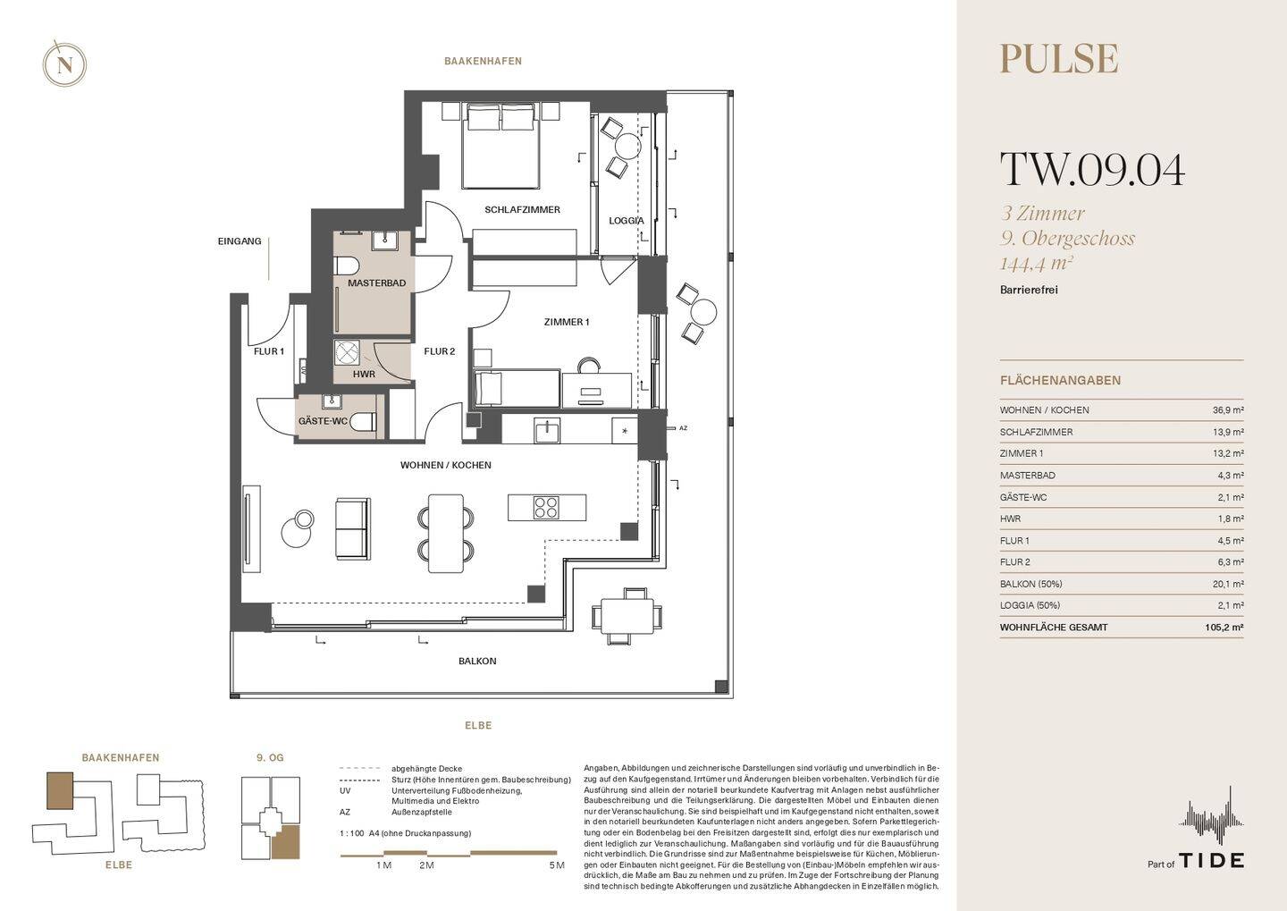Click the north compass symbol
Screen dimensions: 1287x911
[x=64, y=63]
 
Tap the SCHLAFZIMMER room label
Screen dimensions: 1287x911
[x=522, y=210]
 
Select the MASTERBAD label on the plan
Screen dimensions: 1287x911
[x=377, y=283]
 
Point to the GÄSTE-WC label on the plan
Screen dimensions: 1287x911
[x=323, y=421]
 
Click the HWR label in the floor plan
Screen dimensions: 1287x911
[x=365, y=375]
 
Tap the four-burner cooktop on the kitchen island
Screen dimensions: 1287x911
[x=546, y=508]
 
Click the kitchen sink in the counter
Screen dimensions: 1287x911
[x=548, y=431]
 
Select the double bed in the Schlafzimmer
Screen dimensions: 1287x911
[x=501, y=146]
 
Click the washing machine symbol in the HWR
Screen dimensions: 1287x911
[x=347, y=353]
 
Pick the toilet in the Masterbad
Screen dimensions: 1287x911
[x=347, y=266]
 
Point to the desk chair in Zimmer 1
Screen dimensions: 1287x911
[x=588, y=366]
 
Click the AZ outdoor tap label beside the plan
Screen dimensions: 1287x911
[x=683, y=428]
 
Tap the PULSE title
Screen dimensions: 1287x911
[x=1059, y=59]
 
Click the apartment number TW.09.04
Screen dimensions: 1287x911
[x=1092, y=170]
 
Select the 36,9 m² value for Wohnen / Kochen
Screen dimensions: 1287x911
[x=1228, y=410]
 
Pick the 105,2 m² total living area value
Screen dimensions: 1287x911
[x=1224, y=627]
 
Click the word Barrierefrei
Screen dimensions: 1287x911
[x=1029, y=290]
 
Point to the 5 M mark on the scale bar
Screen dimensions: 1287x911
[x=557, y=865]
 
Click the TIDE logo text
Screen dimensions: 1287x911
[x=1212, y=860]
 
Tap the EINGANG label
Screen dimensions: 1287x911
[x=240, y=241]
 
